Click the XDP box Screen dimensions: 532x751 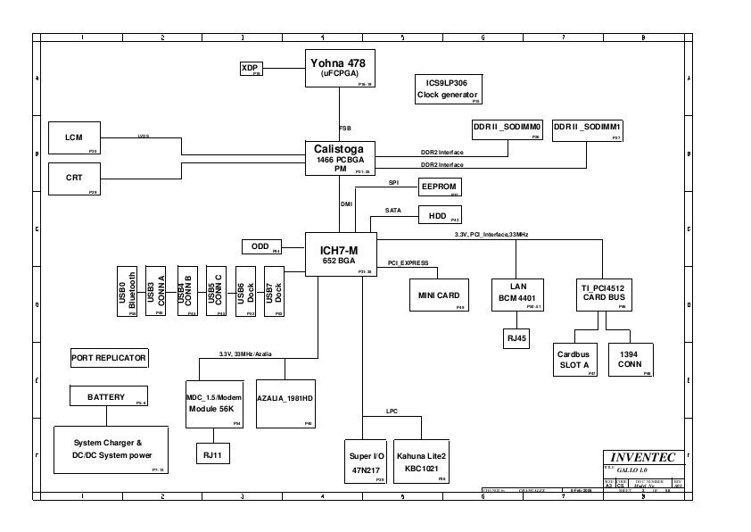pyautogui.click(x=251, y=69)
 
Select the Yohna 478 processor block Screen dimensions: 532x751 pyautogui.click(x=339, y=69)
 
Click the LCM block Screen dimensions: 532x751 pyautogui.click(x=74, y=138)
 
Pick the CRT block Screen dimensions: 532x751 pyautogui.click(x=74, y=179)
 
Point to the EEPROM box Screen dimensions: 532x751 pyautogui.click(x=439, y=187)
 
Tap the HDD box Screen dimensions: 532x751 pyautogui.click(x=439, y=215)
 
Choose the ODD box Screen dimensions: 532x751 pyautogui.click(x=261, y=246)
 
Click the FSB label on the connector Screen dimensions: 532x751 pyautogui.click(x=344, y=127)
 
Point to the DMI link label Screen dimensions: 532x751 pyautogui.click(x=346, y=204)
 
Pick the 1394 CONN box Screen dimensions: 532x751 pyautogui.click(x=630, y=360)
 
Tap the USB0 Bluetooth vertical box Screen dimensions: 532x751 pyautogui.click(x=127, y=290)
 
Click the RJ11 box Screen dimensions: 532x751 pyautogui.click(x=212, y=454)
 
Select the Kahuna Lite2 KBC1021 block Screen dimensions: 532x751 pyautogui.click(x=421, y=461)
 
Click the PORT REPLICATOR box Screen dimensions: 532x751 pyautogui.click(x=109, y=358)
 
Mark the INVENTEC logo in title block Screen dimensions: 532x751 pyautogui.click(x=643, y=457)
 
